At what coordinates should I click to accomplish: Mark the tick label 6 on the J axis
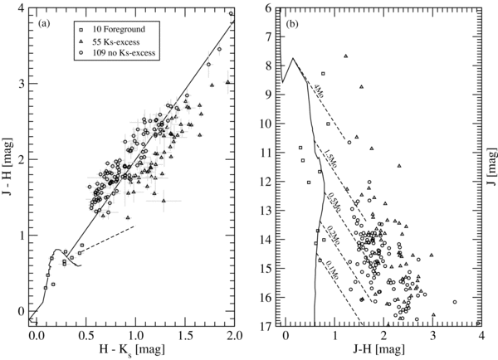(272, 8)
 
